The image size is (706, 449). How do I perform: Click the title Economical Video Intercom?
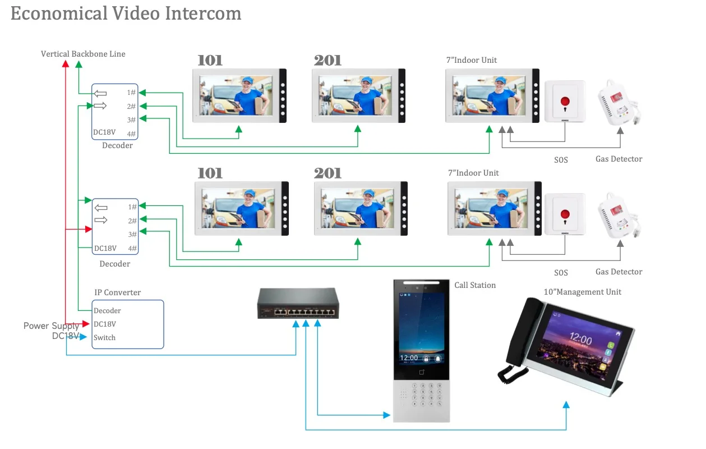click(126, 13)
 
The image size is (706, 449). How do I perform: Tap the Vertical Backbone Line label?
click(83, 54)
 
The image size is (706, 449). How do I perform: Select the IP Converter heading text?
click(118, 292)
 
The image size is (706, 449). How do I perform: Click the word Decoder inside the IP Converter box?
click(107, 310)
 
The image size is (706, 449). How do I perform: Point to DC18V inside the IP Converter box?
click(105, 324)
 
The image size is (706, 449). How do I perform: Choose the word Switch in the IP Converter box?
click(104, 337)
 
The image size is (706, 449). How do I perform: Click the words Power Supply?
click(51, 326)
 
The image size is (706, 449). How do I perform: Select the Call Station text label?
click(475, 285)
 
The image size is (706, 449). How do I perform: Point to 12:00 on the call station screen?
click(409, 358)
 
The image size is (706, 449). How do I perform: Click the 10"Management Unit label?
click(583, 292)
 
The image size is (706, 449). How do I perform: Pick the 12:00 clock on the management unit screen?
click(580, 338)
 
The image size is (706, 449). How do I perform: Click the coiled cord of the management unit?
click(512, 374)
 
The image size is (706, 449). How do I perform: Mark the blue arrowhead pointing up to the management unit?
click(566, 405)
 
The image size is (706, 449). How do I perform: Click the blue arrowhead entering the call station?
click(386, 415)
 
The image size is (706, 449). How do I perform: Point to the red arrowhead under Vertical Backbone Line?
click(66, 64)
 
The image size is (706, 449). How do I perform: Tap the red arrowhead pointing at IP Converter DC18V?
click(86, 324)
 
